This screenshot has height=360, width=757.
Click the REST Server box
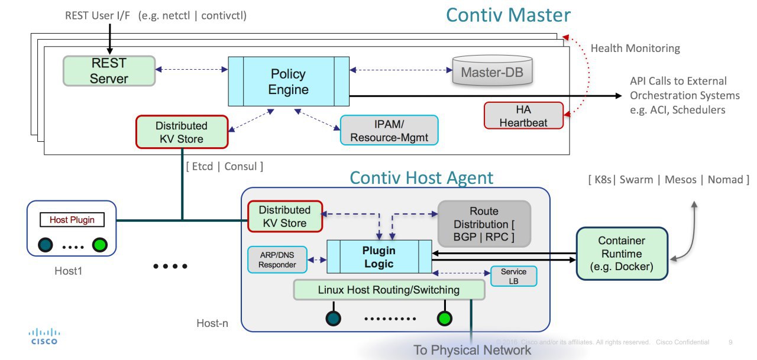[x=109, y=70]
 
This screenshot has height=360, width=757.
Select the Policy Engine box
[x=289, y=82]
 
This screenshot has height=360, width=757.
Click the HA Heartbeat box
[x=516, y=115]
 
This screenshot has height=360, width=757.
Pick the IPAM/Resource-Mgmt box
[x=389, y=130]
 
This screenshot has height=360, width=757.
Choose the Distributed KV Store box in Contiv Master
[x=182, y=132]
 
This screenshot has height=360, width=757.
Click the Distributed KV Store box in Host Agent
[x=284, y=216]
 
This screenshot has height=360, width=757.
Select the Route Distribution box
[x=484, y=224]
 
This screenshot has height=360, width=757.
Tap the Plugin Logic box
[x=378, y=257]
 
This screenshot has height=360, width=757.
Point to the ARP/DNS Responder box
[x=277, y=259]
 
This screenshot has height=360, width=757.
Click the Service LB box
[x=513, y=276]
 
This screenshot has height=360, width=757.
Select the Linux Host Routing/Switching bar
[x=389, y=290]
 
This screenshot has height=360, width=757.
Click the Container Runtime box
[x=622, y=253]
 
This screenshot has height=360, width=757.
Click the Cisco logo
[x=44, y=336]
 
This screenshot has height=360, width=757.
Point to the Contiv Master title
[x=508, y=15]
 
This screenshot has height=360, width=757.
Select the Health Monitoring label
[x=635, y=48]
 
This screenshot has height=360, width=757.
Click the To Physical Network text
[x=472, y=349]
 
